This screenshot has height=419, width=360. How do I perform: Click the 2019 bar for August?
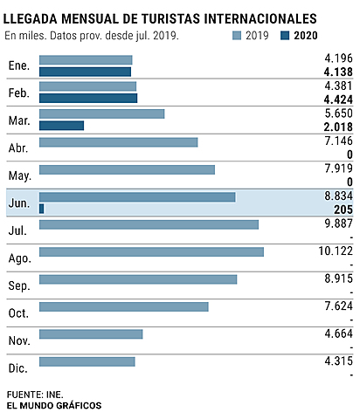tap(151, 251)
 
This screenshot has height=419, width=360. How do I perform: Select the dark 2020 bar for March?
tap(61, 126)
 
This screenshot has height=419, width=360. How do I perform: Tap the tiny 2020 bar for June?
tap(41, 209)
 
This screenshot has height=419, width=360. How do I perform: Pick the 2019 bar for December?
tap(87, 361)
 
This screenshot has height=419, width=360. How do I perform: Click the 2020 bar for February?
tap(88, 99)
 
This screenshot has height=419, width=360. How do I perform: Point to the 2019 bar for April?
tap(119, 142)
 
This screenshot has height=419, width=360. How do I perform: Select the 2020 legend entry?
tap(296, 36)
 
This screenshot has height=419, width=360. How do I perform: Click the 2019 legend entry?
tap(250, 36)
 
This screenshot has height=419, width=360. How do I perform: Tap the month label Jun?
tap(19, 203)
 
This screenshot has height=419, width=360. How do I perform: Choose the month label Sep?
tap(19, 285)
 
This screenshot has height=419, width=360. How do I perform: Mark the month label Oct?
tap(19, 313)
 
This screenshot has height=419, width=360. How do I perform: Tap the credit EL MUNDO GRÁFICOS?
tap(53, 405)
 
